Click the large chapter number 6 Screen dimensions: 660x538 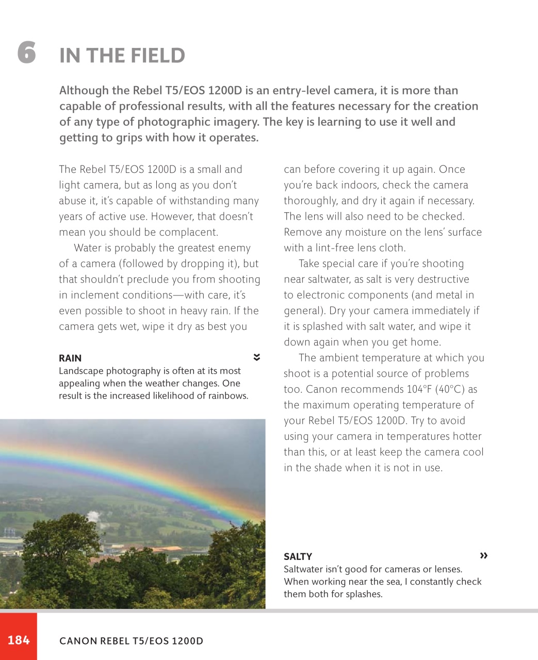point(27,53)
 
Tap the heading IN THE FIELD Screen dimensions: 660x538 point(122,56)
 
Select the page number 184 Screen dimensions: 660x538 point(19,640)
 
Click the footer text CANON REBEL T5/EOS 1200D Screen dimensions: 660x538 point(131,641)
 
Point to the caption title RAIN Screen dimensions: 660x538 point(70,358)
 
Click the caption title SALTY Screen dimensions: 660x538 point(298,557)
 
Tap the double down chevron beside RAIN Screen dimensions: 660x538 point(256,357)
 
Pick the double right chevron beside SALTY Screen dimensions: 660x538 point(483,555)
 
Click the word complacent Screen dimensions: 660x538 point(188,233)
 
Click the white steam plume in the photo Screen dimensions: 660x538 point(92,516)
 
